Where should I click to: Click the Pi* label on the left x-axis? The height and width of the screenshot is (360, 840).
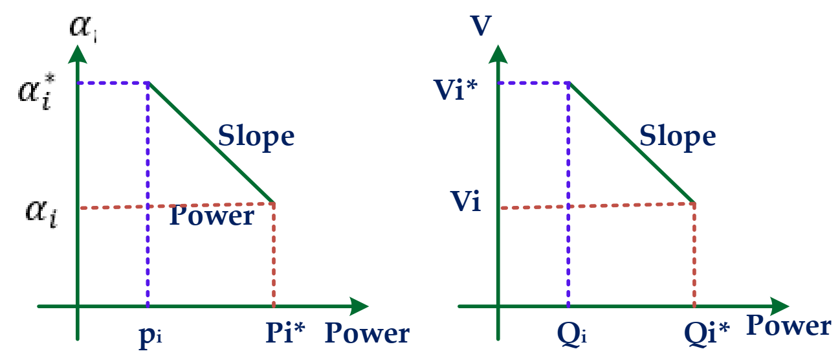click(285, 333)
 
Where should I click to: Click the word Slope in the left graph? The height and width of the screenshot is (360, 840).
click(256, 137)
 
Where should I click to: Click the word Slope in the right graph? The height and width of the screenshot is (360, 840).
click(678, 137)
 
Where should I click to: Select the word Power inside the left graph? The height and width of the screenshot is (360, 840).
click(212, 216)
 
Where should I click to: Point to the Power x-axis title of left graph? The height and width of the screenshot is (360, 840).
click(367, 333)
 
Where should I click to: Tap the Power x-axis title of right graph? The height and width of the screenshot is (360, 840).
click(788, 326)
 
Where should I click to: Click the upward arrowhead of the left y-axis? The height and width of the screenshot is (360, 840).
click(77, 52)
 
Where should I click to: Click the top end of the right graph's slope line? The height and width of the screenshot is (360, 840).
click(569, 83)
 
